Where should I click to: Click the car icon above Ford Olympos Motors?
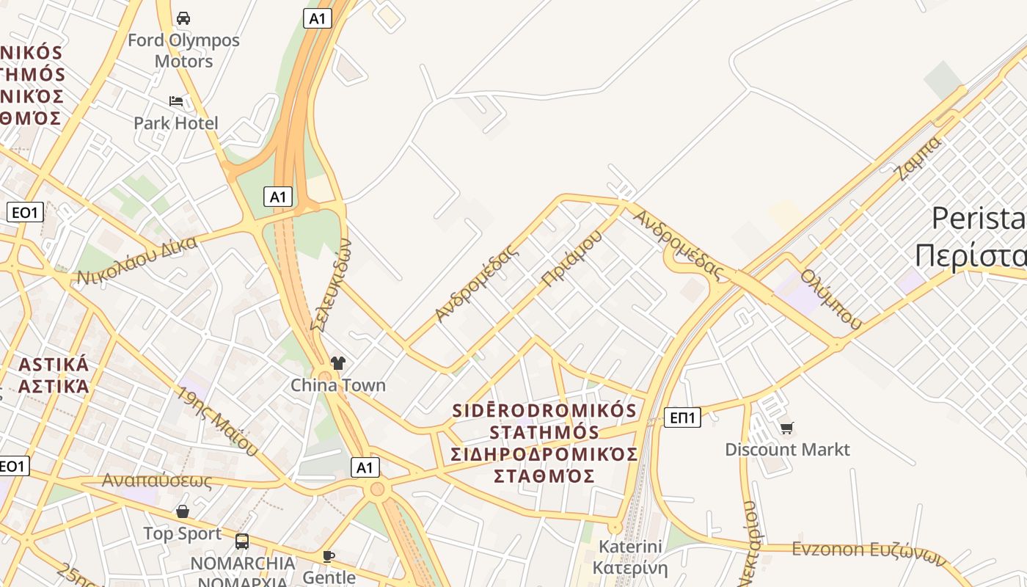pyautogui.click(x=183, y=18)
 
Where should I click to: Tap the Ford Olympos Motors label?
pyautogui.click(x=183, y=51)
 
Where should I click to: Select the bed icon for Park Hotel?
pyautogui.click(x=176, y=101)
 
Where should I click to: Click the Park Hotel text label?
pyautogui.click(x=176, y=123)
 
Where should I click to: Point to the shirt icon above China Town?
pyautogui.click(x=337, y=362)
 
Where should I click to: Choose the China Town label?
pyautogui.click(x=337, y=384)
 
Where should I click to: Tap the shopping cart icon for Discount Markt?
pyautogui.click(x=787, y=427)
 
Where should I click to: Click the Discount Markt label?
pyautogui.click(x=787, y=449)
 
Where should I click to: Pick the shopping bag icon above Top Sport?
pyautogui.click(x=183, y=511)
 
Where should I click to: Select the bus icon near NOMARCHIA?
pyautogui.click(x=242, y=542)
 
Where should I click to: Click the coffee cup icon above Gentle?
pyautogui.click(x=329, y=556)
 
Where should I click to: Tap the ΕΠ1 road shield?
pyautogui.click(x=682, y=418)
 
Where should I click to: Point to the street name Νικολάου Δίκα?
pyautogui.click(x=137, y=260)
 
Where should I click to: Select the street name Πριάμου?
pyautogui.click(x=571, y=258)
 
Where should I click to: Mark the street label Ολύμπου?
pyautogui.click(x=831, y=298)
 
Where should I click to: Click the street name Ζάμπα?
pyautogui.click(x=918, y=158)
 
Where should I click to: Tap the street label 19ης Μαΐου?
pyautogui.click(x=217, y=420)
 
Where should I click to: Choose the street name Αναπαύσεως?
pyautogui.click(x=157, y=481)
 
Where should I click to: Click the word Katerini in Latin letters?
pyautogui.click(x=630, y=547)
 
